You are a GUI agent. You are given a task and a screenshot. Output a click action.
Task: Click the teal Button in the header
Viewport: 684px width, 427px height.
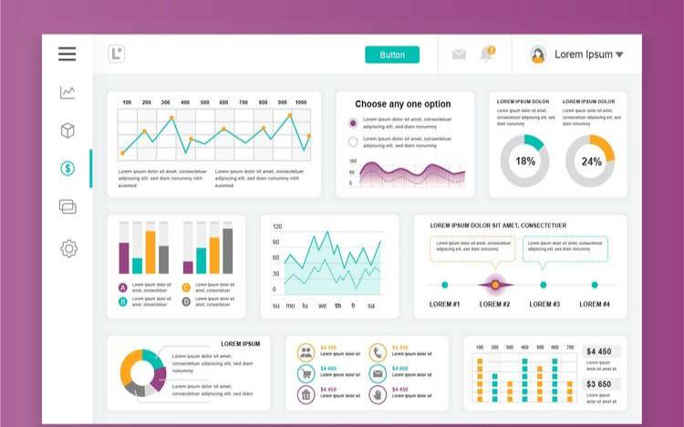[392, 55]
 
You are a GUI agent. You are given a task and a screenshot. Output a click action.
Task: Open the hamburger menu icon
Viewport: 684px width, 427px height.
[67, 54]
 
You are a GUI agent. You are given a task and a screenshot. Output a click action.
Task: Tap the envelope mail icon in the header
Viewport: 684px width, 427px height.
[459, 55]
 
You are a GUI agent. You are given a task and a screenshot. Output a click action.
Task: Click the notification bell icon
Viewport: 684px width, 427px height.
[486, 55]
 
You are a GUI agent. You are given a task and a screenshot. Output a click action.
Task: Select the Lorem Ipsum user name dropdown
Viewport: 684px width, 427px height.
[588, 55]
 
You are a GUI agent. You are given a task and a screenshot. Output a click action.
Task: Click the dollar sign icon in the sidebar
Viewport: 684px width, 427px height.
[67, 169]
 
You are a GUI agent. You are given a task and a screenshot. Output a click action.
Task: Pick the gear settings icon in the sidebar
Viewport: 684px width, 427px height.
[68, 248]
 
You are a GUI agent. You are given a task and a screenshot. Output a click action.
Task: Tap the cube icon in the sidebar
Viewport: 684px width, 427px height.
[67, 130]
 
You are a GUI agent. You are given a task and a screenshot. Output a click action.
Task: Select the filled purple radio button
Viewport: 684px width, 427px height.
[353, 122]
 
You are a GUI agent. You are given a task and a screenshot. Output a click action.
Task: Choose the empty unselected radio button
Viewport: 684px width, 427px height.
[353, 141]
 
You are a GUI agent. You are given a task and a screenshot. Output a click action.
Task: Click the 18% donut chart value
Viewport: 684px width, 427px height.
[525, 161]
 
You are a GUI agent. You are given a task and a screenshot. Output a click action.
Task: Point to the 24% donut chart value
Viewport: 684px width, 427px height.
[591, 161]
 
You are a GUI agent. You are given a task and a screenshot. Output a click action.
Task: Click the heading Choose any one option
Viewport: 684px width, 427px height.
[403, 104]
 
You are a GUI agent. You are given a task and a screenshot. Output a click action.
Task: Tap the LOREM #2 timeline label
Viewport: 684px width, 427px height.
[494, 304]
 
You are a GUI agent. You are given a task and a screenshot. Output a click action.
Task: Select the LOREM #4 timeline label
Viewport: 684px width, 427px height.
[595, 304]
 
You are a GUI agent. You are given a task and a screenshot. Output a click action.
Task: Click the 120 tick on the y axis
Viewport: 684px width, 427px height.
[277, 226]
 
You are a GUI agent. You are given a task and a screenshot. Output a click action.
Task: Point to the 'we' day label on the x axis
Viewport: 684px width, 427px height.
[322, 306]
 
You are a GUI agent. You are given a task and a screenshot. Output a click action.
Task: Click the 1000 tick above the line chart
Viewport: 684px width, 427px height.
[301, 102]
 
